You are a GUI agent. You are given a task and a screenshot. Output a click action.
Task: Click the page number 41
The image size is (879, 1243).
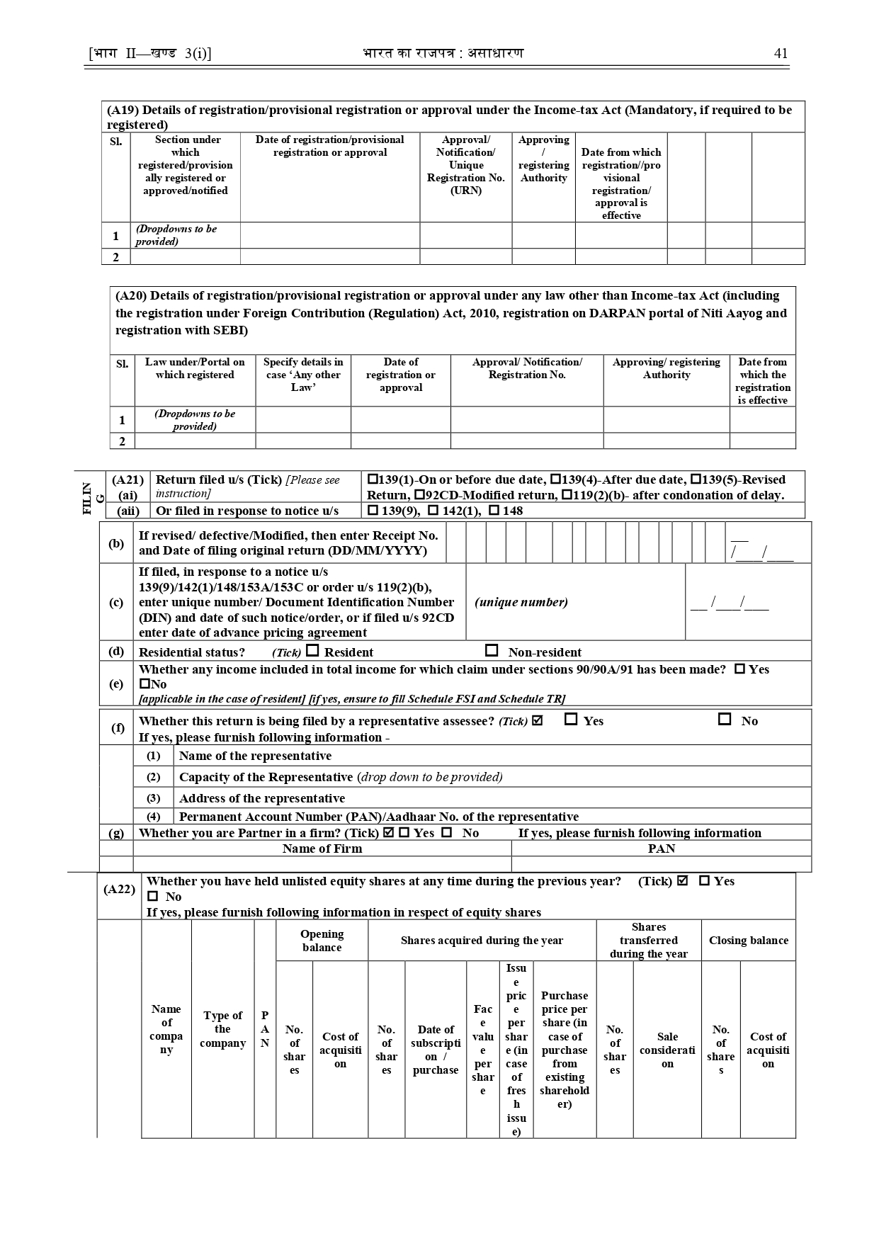tap(781, 54)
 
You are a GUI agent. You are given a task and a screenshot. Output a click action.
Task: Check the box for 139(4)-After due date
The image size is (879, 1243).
tap(556, 479)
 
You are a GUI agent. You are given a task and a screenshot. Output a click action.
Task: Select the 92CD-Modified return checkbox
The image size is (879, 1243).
tap(420, 495)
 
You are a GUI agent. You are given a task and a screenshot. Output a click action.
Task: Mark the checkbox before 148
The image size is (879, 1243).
tap(494, 511)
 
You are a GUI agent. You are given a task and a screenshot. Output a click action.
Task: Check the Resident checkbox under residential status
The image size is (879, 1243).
tap(312, 650)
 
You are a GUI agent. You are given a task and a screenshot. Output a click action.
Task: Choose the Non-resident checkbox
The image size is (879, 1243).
tap(492, 650)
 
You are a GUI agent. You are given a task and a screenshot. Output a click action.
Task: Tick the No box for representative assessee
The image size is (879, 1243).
tap(725, 719)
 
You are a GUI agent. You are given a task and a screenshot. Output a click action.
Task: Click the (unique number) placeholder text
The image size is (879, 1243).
tap(521, 602)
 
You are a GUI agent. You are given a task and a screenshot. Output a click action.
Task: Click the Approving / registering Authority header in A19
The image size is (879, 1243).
tap(543, 159)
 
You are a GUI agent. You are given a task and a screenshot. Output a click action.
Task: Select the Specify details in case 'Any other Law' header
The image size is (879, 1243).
tap(303, 375)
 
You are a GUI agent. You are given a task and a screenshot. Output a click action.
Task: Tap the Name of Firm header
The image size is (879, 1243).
tap(322, 848)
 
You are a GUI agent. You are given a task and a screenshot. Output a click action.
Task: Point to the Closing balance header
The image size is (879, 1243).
tap(748, 941)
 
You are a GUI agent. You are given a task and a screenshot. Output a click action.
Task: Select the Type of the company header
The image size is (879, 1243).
tap(222, 1029)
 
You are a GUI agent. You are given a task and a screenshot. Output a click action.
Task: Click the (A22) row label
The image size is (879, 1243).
tap(119, 889)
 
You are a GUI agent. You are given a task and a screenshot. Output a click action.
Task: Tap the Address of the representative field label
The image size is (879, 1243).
tap(262, 798)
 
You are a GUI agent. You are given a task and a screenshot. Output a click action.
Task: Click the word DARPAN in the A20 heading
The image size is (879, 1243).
tap(618, 313)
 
